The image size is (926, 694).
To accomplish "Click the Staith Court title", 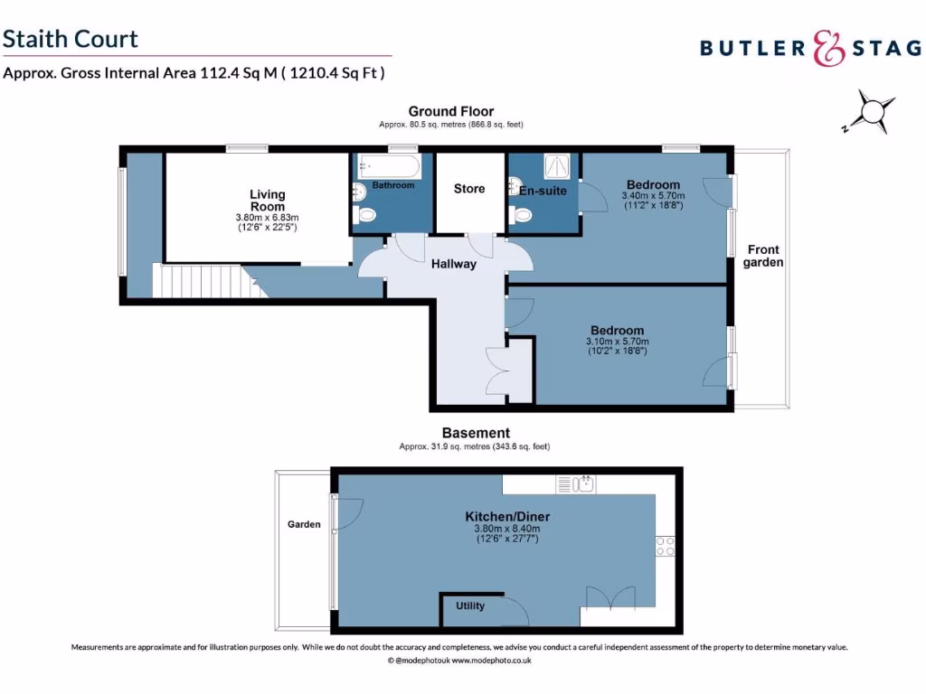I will pos(71,39).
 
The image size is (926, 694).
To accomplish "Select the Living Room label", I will pos(268,200).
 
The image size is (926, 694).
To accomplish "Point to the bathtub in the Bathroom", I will pos(389,166).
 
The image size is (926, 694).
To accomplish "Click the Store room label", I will pos(469,189).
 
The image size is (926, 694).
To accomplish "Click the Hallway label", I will pos(453,265).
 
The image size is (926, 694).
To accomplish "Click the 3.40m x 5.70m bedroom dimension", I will pos(653,195).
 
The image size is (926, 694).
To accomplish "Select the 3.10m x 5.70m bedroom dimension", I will pos(618,342).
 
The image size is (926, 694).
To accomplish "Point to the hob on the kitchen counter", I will pos(665,545).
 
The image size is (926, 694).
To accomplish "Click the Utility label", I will pos(470,605).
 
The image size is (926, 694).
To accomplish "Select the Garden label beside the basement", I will pos(304,524).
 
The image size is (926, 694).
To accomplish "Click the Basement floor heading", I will pos(476,433).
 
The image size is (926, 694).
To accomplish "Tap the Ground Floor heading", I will pos(450,112).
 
